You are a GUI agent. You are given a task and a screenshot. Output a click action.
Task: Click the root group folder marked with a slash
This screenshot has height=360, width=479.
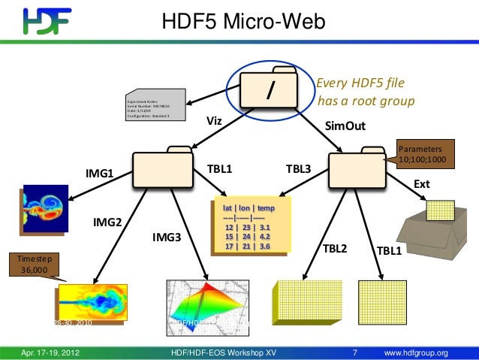pos(270,90)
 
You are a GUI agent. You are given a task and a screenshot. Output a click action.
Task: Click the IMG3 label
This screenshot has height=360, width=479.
pos(167,237)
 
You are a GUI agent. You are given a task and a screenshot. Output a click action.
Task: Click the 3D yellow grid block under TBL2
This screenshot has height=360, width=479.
pos(306,304)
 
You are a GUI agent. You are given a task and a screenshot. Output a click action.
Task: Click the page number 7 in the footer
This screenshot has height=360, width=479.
pos(354,351)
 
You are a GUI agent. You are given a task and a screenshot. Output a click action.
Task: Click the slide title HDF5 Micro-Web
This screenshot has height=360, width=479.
pos(243,23)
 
